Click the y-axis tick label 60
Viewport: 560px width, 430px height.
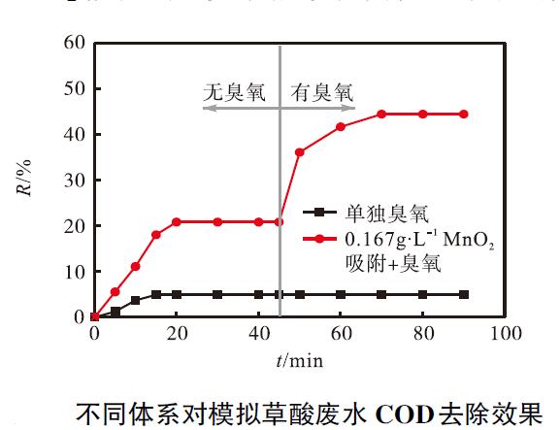74,44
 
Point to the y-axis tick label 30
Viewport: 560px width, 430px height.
74,181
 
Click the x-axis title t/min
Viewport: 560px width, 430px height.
299,360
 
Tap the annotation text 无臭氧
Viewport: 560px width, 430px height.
234,92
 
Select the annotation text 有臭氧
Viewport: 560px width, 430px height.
322,92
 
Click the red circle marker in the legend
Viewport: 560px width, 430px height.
320,237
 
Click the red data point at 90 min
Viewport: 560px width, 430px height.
464,114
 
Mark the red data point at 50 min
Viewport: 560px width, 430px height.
300,152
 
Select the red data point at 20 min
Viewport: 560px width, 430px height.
177,221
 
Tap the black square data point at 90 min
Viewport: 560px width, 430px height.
464,294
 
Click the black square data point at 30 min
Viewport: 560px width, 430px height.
217,294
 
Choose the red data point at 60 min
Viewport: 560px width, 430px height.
341,127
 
